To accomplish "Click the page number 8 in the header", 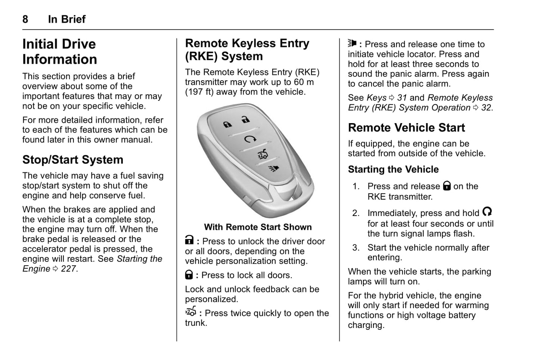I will (x=25, y=19).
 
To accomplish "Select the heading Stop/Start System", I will (x=73, y=160).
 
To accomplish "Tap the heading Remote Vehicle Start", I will (x=406, y=128).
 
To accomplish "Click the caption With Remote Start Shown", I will (x=258, y=227).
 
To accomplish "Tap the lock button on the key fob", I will (x=227, y=125).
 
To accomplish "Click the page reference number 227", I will (x=69, y=269).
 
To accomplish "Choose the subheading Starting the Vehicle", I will (x=393, y=169).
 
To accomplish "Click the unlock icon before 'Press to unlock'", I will (x=189, y=241).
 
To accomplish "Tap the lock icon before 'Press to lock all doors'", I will (x=189, y=275).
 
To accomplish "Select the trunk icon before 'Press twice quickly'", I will (x=191, y=312).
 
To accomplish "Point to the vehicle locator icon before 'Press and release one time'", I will (x=352, y=43).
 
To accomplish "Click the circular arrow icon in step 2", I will (x=487, y=212).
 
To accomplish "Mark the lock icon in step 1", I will (x=446, y=185).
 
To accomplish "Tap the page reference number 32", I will (x=486, y=108).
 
